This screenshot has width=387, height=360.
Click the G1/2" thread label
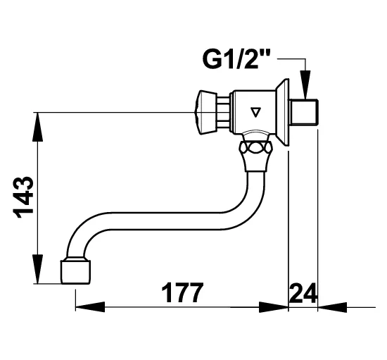tap(236, 59)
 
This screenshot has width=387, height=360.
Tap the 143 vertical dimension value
tap(24, 198)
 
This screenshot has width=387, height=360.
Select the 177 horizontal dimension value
tap(182, 293)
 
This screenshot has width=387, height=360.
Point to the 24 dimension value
tap(303, 293)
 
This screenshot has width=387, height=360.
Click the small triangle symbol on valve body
tap(255, 113)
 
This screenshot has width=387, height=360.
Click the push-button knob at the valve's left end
tap(206, 113)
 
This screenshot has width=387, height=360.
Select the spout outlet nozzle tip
tap(75, 271)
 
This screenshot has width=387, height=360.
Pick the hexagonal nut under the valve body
tap(255, 147)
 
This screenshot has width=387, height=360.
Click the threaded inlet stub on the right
tap(304, 113)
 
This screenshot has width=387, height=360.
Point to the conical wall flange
tap(282, 113)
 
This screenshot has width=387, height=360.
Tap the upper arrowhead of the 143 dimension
tap(37, 127)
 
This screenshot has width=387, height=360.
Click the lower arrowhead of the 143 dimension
tap(37, 269)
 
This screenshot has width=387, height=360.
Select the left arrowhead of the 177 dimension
tap(90, 307)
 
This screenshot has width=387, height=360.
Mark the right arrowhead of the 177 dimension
tap(274, 307)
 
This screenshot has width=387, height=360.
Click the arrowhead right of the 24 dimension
tap(332, 307)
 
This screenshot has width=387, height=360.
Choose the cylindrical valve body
tap(254, 113)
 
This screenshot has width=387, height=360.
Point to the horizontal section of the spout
tap(160, 221)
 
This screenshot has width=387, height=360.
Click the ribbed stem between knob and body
tap(224, 113)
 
